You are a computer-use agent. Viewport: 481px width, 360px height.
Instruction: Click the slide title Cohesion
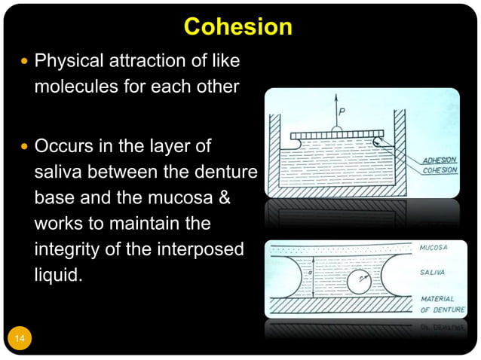pyautogui.click(x=237, y=27)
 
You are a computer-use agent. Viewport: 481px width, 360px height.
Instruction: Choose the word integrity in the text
pyautogui.click(x=65, y=249)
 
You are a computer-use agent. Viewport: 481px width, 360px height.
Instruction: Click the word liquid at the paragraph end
pyautogui.click(x=57, y=275)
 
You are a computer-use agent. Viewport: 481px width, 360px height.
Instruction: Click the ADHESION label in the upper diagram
pyautogui.click(x=440, y=160)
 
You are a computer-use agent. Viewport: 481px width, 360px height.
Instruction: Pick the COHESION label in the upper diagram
pyautogui.click(x=440, y=170)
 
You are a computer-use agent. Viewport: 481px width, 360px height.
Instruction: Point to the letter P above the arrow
pyautogui.click(x=342, y=112)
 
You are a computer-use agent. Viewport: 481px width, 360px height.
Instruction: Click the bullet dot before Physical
pyautogui.click(x=24, y=60)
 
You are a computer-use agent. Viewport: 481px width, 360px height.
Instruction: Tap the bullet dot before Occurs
pyautogui.click(x=24, y=145)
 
